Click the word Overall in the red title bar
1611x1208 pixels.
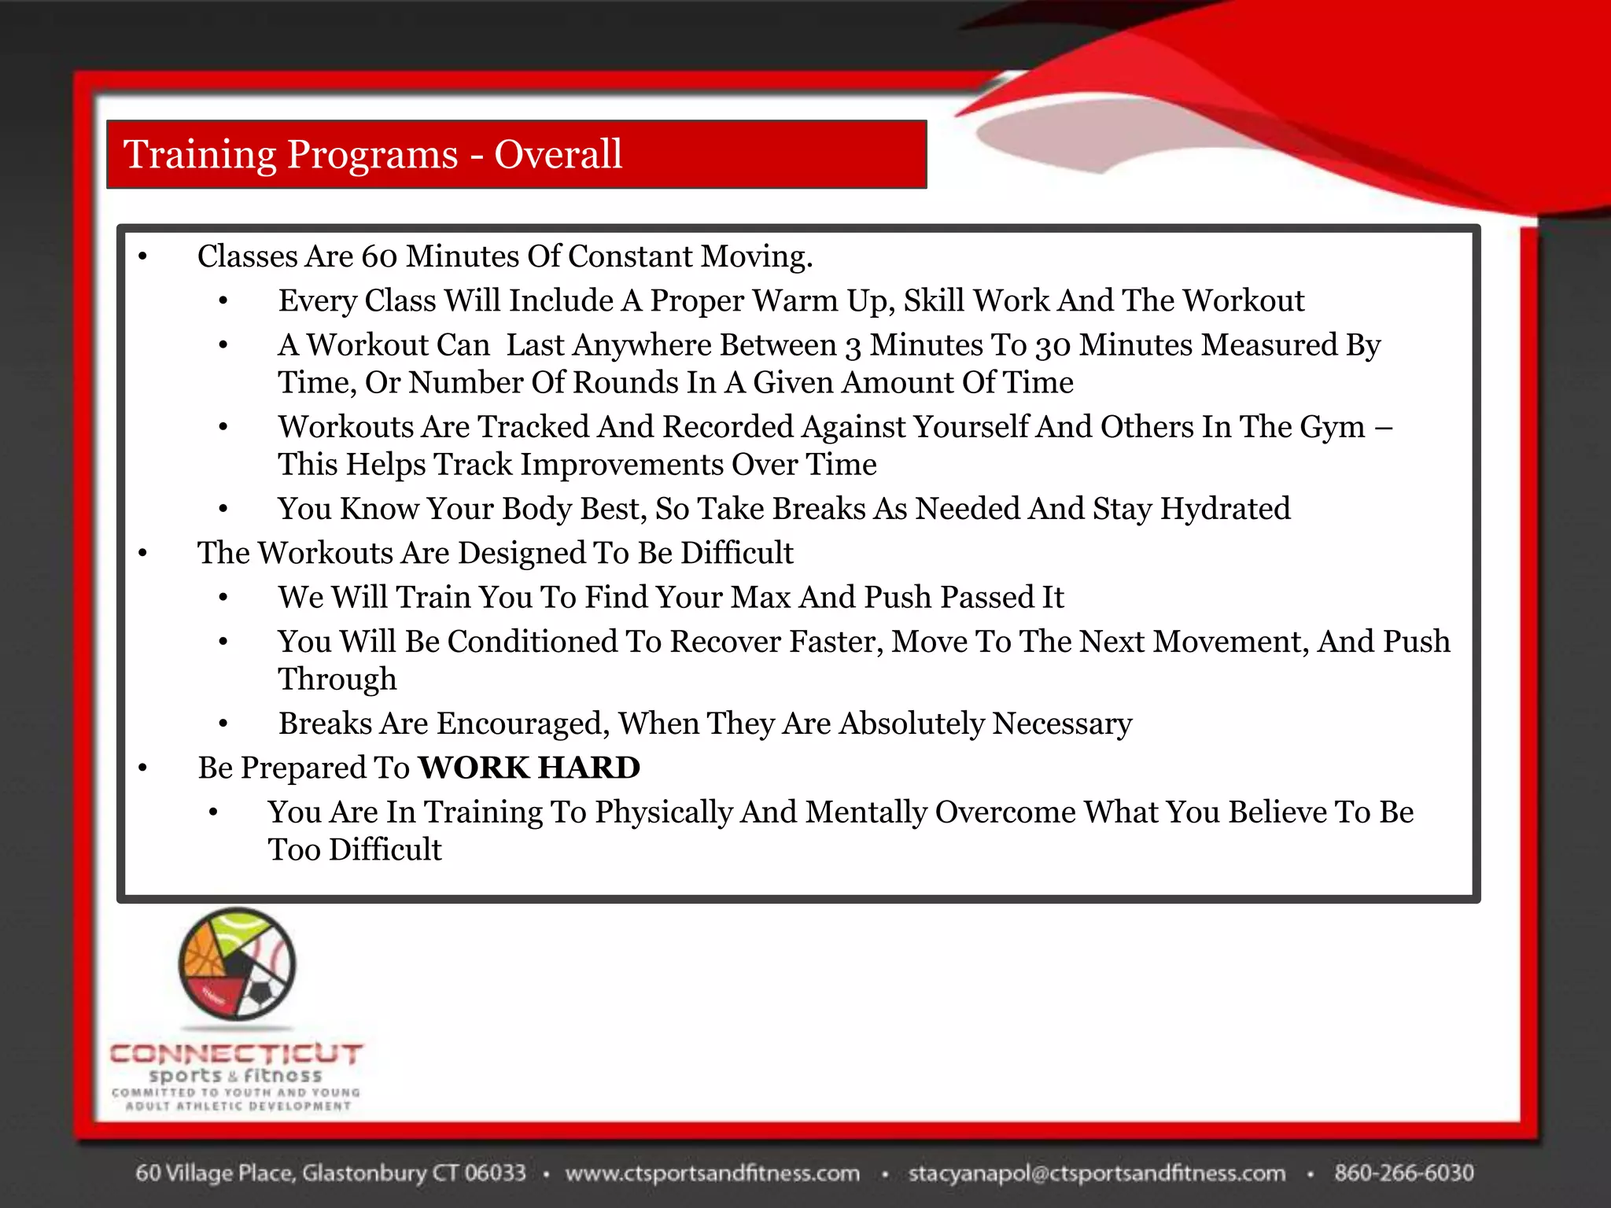pyautogui.click(x=558, y=154)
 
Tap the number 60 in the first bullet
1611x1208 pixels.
pyautogui.click(x=380, y=256)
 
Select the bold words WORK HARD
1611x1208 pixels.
pyautogui.click(x=529, y=768)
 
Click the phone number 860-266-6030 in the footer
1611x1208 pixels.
pyautogui.click(x=1403, y=1173)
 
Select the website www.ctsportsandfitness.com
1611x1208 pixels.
pyautogui.click(x=712, y=1173)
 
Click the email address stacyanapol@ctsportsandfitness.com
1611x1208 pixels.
pyautogui.click(x=1097, y=1173)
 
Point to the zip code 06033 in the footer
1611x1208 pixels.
pyautogui.click(x=494, y=1173)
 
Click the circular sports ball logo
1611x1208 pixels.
pyautogui.click(x=237, y=964)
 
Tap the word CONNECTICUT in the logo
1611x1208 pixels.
pyautogui.click(x=236, y=1054)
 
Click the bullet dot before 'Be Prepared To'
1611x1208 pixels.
pyautogui.click(x=142, y=768)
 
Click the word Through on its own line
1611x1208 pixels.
pyautogui.click(x=337, y=679)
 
